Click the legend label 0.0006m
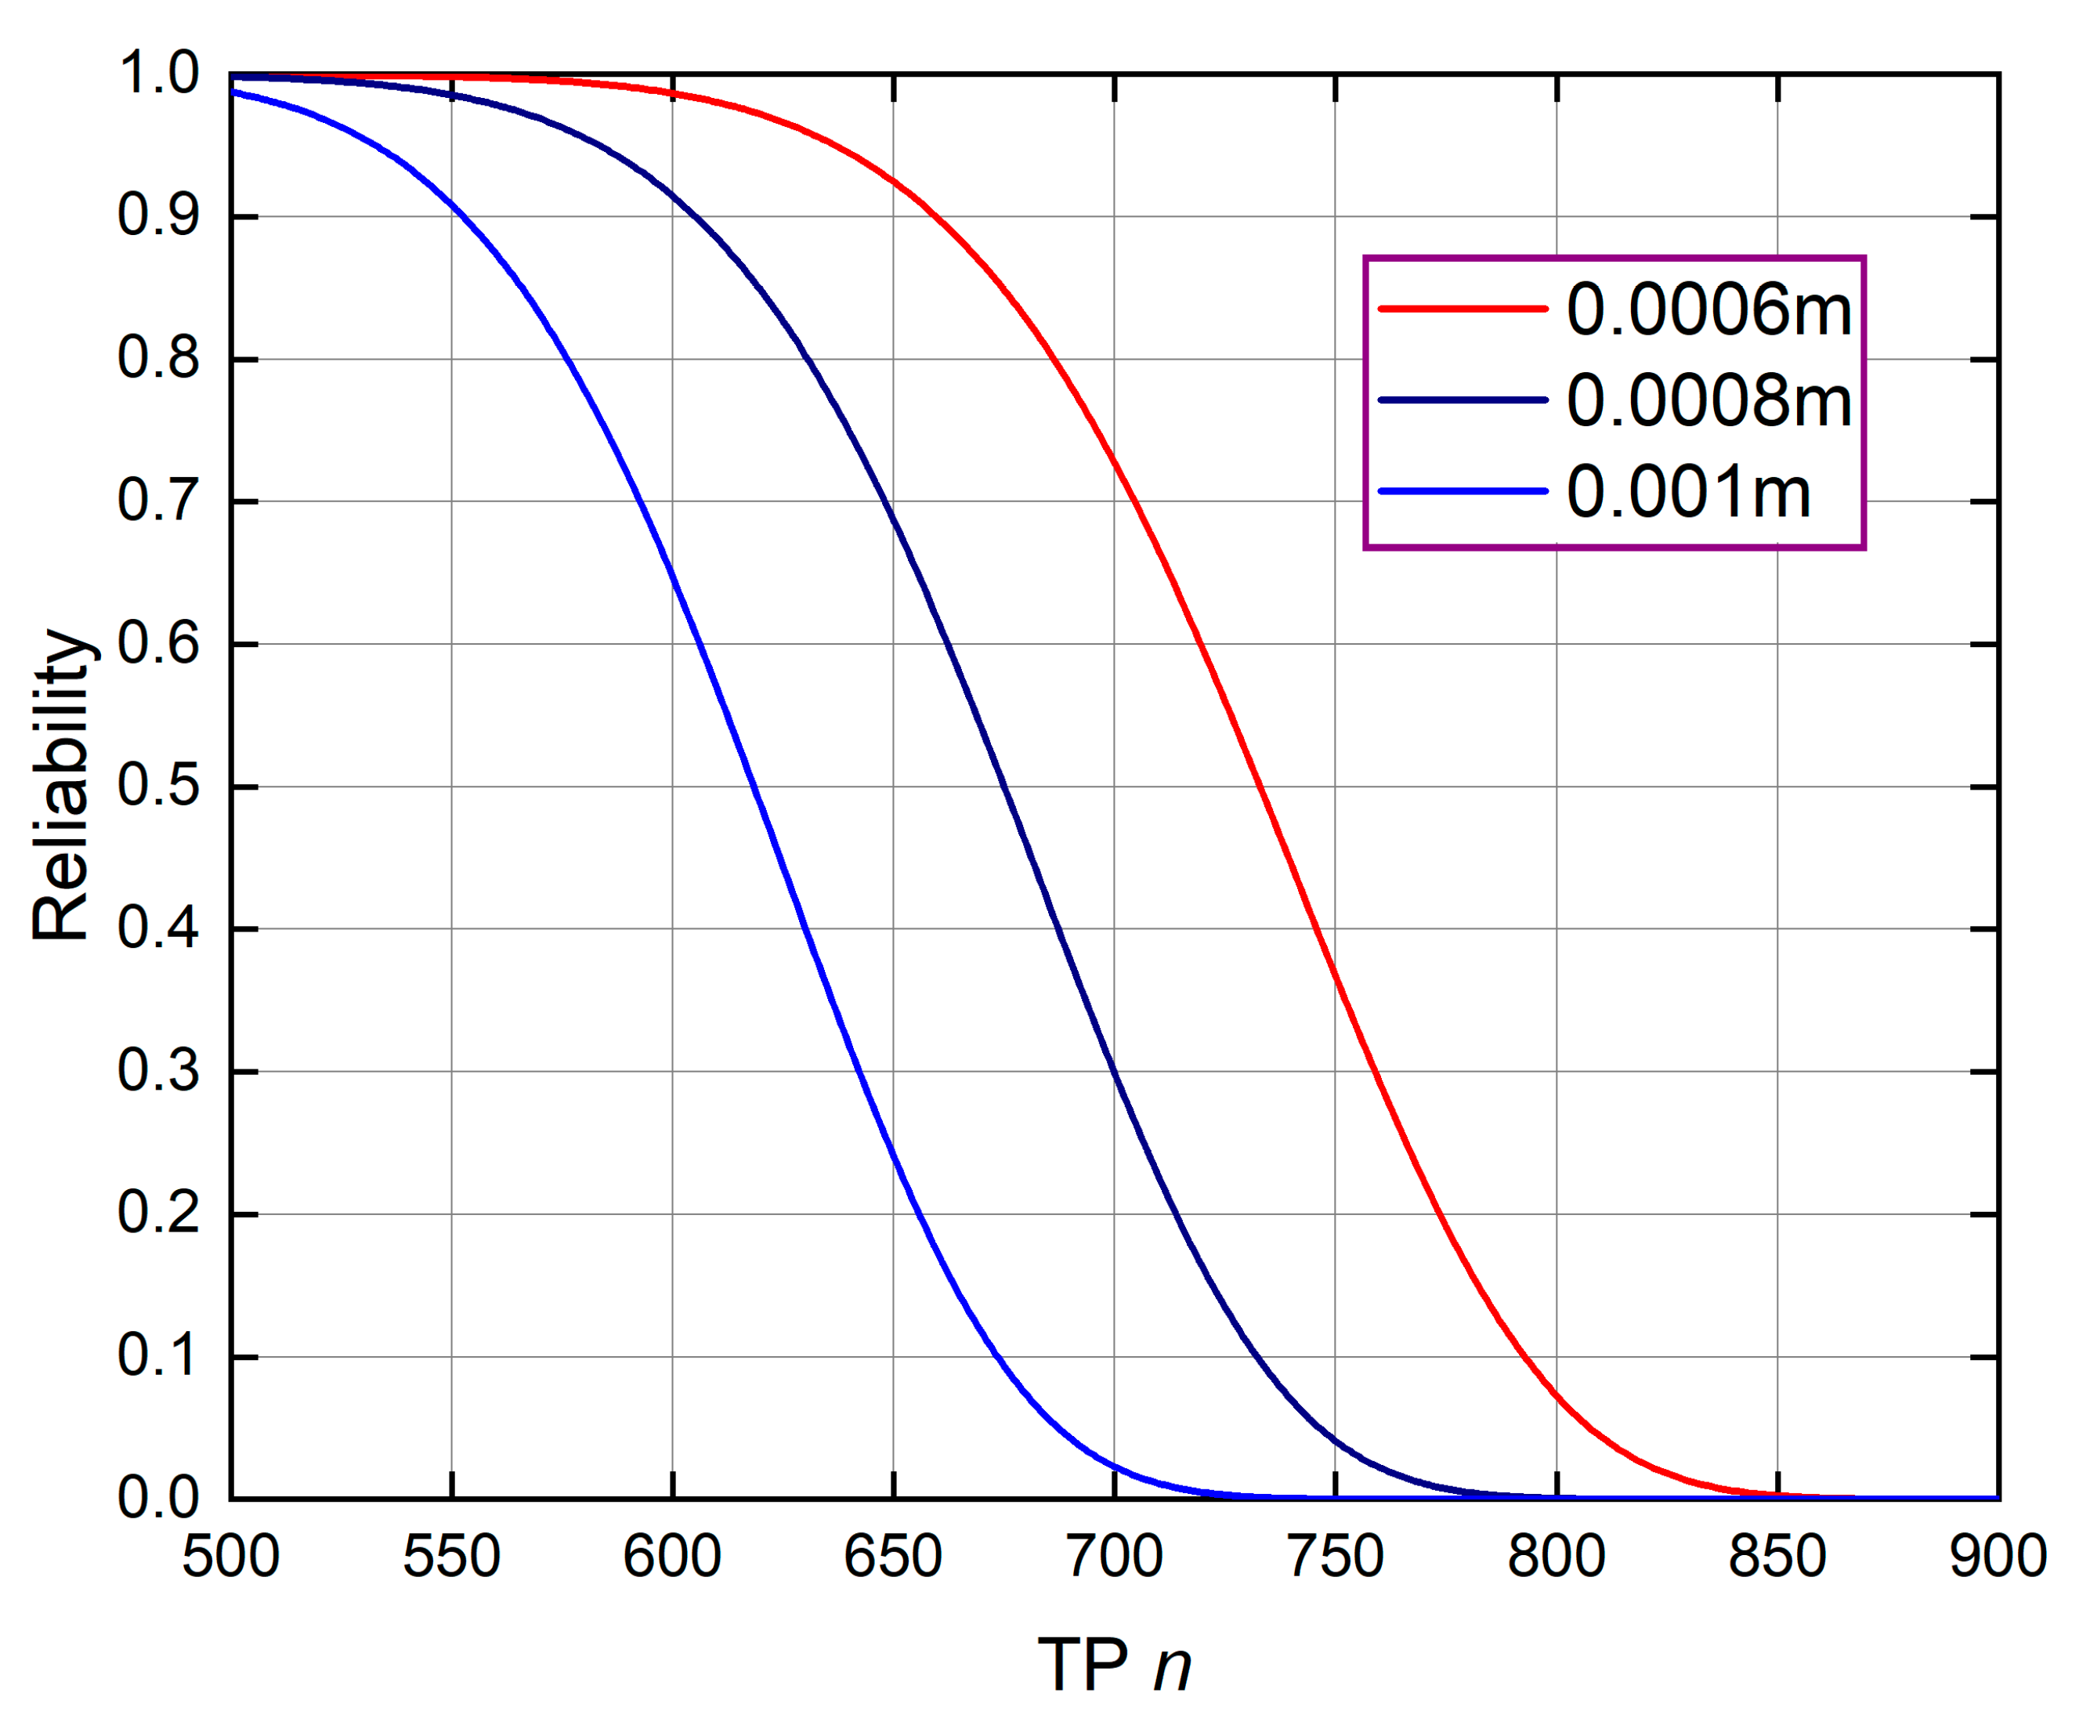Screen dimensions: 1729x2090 (x=1708, y=309)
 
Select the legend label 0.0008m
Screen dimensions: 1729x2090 (x=1708, y=401)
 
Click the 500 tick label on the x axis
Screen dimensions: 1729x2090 (x=231, y=1557)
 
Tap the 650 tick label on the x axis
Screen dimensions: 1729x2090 (x=893, y=1557)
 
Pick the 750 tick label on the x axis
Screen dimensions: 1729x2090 (x=1335, y=1557)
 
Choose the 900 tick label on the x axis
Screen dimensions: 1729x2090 (x=1997, y=1557)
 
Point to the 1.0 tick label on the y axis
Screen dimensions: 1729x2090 (x=158, y=74)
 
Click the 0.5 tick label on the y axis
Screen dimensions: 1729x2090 (x=158, y=787)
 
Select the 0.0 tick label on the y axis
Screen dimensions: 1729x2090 (x=158, y=1498)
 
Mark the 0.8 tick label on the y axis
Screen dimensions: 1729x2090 (x=158, y=358)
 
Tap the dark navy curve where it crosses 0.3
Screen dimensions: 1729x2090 (x=1114, y=1071)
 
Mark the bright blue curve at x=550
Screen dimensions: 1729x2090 (x=452, y=205)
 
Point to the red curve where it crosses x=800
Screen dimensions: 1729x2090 (x=1557, y=1394)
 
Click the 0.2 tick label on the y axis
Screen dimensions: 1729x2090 (x=158, y=1214)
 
